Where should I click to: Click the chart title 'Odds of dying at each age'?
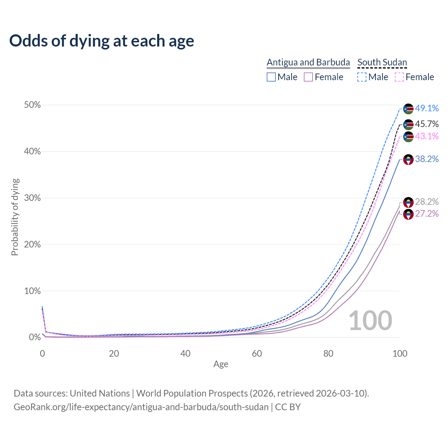(x=101, y=41)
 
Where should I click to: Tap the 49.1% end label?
(x=427, y=108)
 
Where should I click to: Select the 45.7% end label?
(x=427, y=124)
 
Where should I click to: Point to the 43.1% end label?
(x=427, y=136)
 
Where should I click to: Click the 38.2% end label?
(x=427, y=159)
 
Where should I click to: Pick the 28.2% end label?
(x=427, y=202)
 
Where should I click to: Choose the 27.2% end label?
(x=427, y=213)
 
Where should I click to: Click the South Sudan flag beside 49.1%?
(x=408, y=109)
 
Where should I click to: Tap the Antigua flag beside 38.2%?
(x=408, y=160)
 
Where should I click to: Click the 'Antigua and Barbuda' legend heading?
(x=308, y=62)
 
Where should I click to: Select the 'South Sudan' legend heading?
(x=382, y=62)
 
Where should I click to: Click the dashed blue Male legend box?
(x=362, y=77)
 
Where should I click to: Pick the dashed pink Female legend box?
(x=399, y=77)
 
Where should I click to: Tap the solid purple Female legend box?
(x=308, y=77)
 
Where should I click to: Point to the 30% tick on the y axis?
(x=32, y=198)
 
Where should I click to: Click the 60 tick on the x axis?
(x=257, y=353)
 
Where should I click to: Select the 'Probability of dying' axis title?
(x=15, y=217)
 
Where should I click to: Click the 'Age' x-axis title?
(x=221, y=364)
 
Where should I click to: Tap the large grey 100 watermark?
(x=370, y=321)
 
